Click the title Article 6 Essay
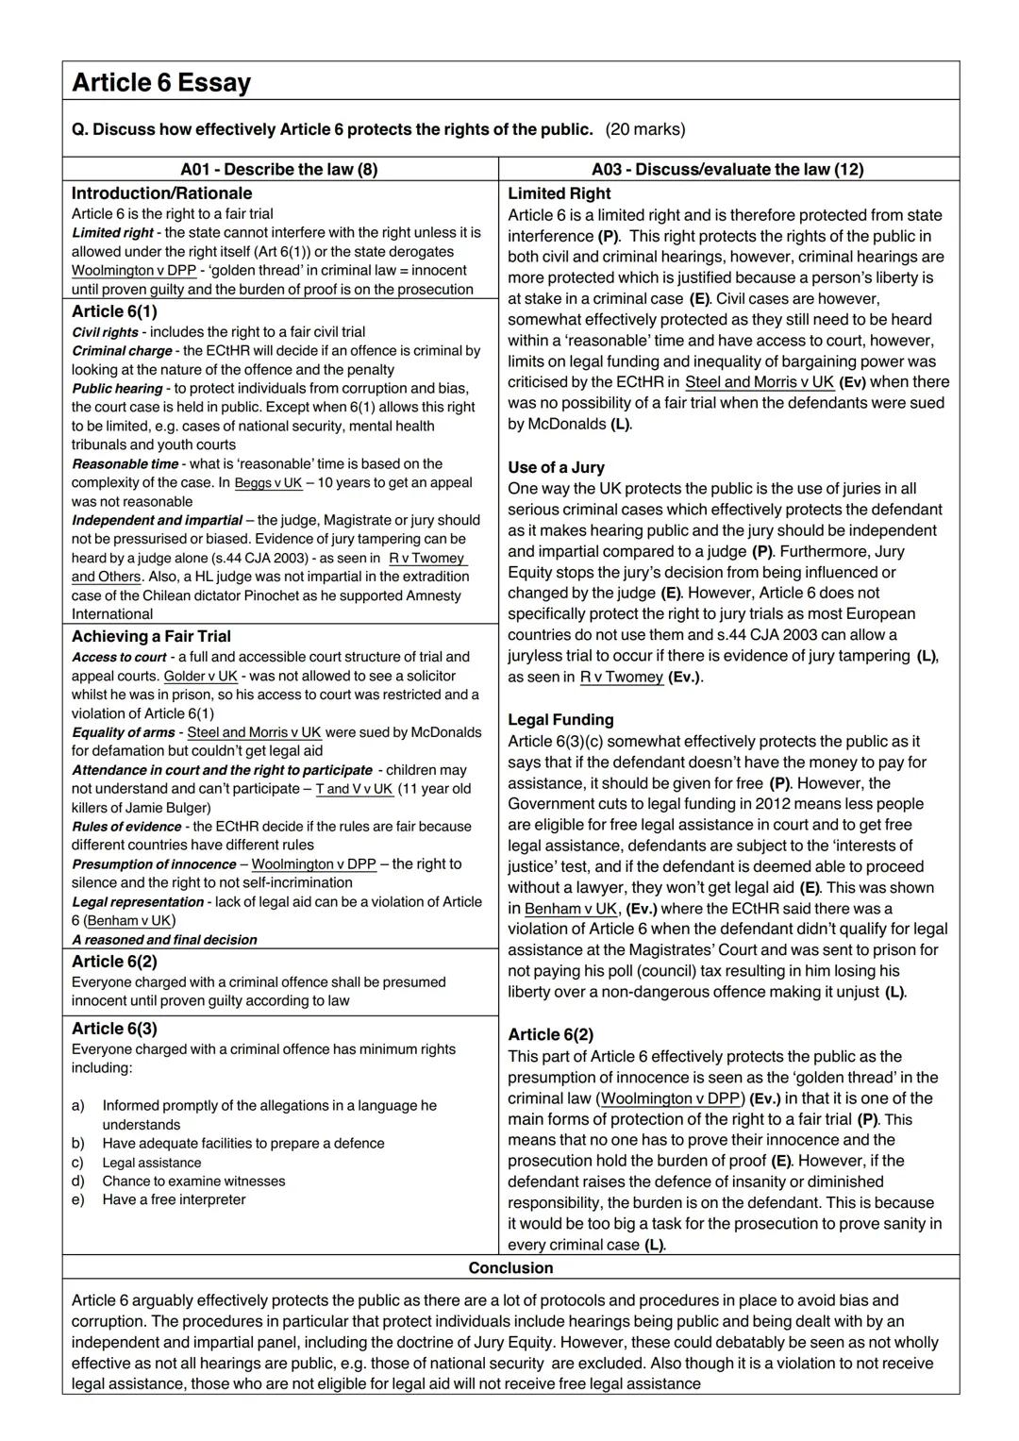coord(161,83)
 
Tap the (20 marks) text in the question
coord(645,129)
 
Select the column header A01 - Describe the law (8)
coord(279,170)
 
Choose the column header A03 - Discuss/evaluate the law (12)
coord(727,170)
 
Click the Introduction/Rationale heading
coord(161,193)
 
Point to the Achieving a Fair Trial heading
coord(151,637)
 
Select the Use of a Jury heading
coord(556,468)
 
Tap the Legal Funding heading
coord(560,720)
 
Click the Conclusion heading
coord(510,1268)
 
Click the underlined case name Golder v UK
coord(201,677)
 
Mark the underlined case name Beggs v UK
coord(268,483)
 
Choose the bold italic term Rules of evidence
coord(128,827)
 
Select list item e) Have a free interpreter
coord(174,1200)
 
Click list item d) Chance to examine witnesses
coord(193,1181)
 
